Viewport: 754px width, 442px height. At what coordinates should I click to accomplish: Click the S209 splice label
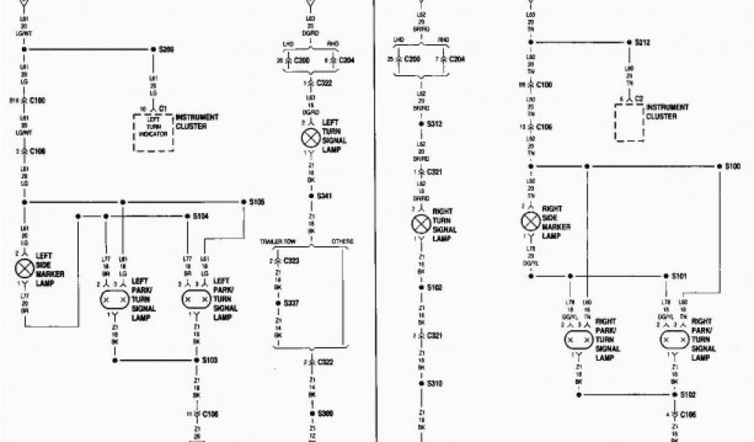click(166, 49)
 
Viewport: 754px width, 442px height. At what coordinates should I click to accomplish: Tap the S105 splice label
click(257, 201)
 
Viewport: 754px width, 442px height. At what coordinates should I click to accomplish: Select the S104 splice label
click(200, 217)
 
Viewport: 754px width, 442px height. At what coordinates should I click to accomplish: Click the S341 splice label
click(325, 196)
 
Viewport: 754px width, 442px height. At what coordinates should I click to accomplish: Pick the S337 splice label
click(292, 302)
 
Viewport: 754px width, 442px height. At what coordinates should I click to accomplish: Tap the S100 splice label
click(733, 166)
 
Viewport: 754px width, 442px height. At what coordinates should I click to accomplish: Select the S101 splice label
click(679, 276)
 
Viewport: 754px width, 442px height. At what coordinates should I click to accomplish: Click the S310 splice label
click(434, 383)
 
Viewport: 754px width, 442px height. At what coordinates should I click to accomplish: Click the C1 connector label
click(163, 108)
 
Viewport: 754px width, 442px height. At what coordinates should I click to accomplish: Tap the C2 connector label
click(639, 98)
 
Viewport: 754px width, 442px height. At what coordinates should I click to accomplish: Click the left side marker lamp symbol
click(24, 268)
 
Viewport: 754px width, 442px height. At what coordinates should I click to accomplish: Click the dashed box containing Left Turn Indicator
click(153, 133)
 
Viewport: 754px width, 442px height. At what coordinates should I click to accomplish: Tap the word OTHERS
click(342, 242)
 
